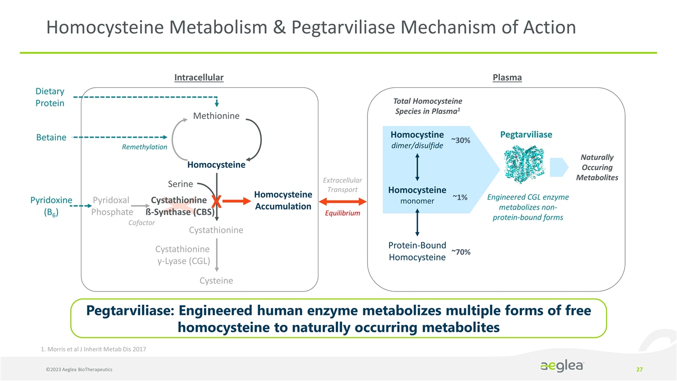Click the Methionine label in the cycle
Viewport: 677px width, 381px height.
216,116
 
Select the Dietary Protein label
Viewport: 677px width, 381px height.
50,97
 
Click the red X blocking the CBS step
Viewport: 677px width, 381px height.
216,202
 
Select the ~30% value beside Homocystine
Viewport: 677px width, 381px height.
460,140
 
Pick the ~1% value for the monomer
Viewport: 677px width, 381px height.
460,197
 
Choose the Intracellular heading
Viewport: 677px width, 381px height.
199,78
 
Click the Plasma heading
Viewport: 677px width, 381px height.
507,78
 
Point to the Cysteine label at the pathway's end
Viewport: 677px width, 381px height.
216,280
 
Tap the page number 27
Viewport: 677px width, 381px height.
639,368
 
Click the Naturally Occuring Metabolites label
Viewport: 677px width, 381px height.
597,167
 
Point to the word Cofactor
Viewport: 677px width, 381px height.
142,223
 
